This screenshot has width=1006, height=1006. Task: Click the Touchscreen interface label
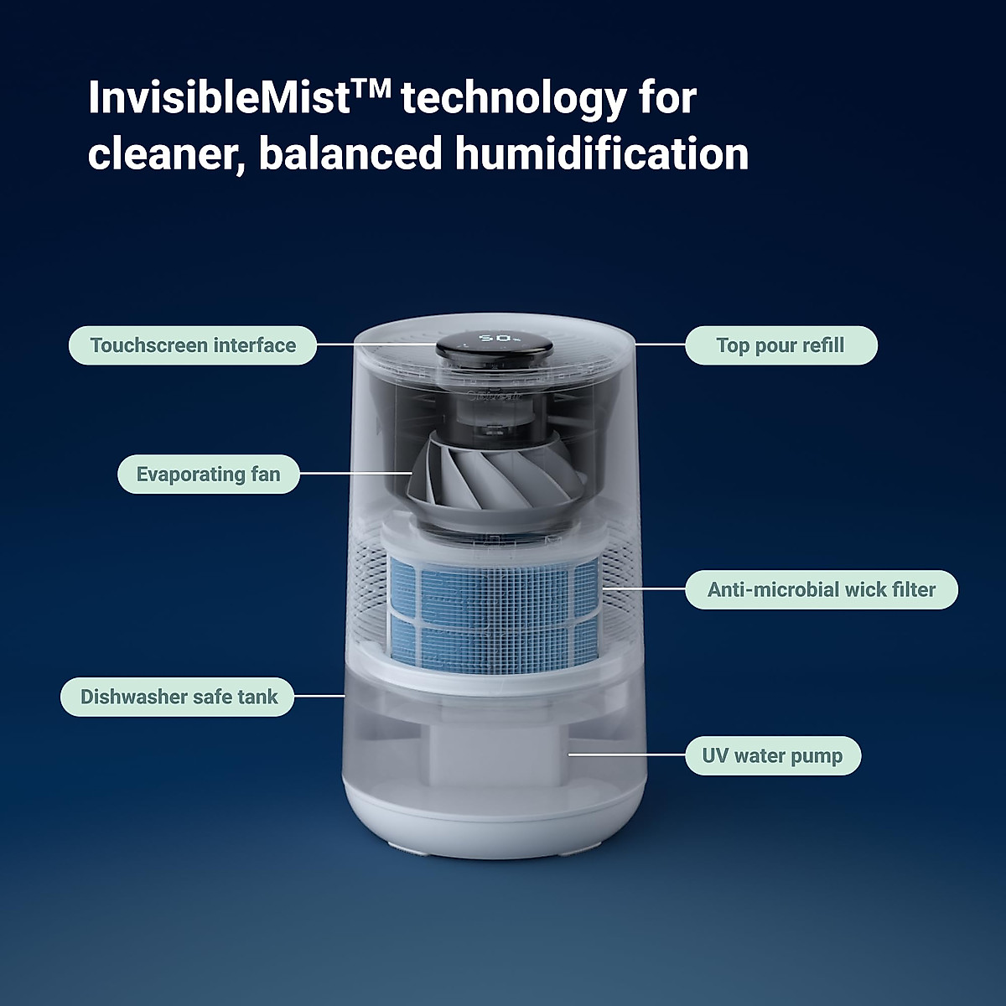pyautogui.click(x=193, y=345)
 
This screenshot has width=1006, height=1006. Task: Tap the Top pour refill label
pyautogui.click(x=780, y=345)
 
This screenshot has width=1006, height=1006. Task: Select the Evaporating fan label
pyautogui.click(x=208, y=474)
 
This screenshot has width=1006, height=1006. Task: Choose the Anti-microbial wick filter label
pyautogui.click(x=821, y=590)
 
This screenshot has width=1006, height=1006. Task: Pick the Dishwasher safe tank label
pyautogui.click(x=178, y=697)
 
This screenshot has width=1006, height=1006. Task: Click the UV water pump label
pyautogui.click(x=772, y=756)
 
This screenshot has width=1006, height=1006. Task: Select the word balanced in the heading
pyautogui.click(x=350, y=154)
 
